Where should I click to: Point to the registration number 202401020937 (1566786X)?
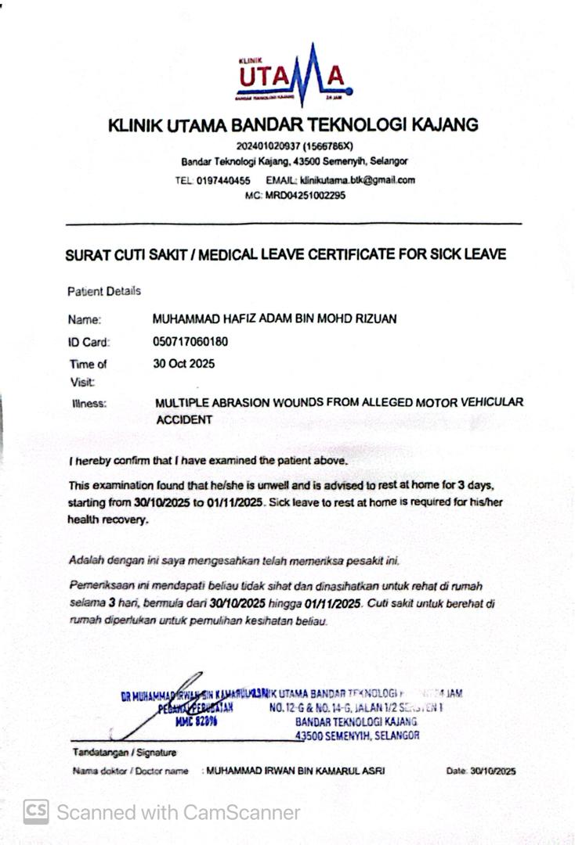pyautogui.click(x=295, y=146)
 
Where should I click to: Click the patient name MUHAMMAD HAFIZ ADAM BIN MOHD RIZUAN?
pyautogui.click(x=275, y=318)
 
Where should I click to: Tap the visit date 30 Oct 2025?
pyautogui.click(x=184, y=364)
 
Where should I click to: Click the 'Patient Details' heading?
pyautogui.click(x=104, y=291)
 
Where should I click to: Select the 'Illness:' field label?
pyautogui.click(x=89, y=404)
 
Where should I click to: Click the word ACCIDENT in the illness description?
pyautogui.click(x=184, y=419)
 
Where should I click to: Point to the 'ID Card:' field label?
pyautogui.click(x=89, y=342)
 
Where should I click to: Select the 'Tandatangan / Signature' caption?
pyautogui.click(x=125, y=752)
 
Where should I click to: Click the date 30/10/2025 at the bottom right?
pyautogui.click(x=493, y=771)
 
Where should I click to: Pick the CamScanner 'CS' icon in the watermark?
pyautogui.click(x=36, y=812)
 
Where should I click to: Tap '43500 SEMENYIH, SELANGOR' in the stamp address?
pyautogui.click(x=357, y=735)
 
